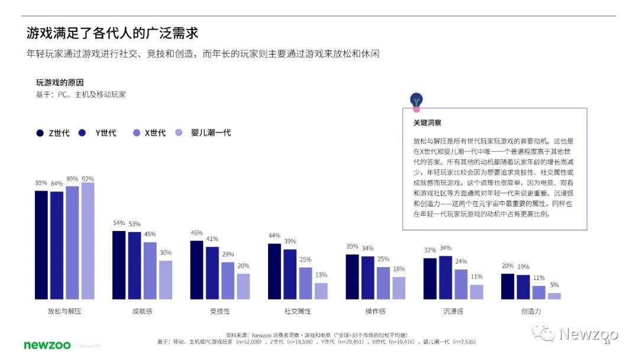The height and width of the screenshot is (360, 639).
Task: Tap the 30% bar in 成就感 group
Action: (166, 279)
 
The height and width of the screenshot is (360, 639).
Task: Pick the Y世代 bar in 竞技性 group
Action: (212, 272)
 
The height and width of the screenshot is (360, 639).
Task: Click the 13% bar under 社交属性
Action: (321, 291)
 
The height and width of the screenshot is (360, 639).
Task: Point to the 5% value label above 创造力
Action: (554, 285)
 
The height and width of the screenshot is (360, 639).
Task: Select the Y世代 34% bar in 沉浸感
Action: (446, 277)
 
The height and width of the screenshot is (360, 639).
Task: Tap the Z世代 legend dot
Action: (40, 133)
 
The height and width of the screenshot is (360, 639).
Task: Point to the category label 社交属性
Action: (298, 311)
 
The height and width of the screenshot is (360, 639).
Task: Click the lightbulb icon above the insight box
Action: (417, 101)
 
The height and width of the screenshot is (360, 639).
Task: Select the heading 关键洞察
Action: (427, 123)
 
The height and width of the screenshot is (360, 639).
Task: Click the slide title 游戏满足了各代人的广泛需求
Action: (112, 32)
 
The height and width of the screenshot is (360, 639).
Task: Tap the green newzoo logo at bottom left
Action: (47, 345)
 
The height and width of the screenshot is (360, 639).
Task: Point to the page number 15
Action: (606, 342)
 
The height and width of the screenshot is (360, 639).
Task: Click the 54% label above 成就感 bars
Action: (119, 223)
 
